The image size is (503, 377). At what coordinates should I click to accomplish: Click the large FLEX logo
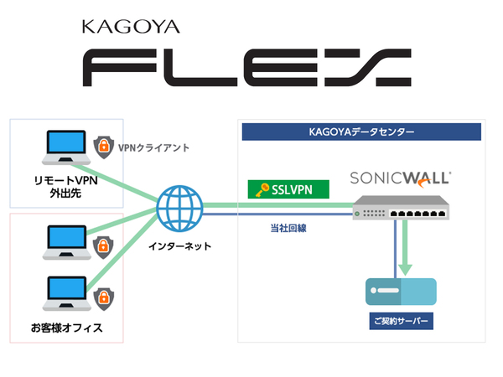pyautogui.click(x=249, y=70)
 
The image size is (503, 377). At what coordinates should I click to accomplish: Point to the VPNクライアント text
pyautogui.click(x=153, y=147)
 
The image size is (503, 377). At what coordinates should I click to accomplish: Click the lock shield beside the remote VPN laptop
pyautogui.click(x=103, y=147)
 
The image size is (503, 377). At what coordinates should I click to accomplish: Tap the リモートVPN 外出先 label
pyautogui.click(x=59, y=185)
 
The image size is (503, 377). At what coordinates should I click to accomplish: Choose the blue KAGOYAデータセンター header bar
pyautogui.click(x=360, y=132)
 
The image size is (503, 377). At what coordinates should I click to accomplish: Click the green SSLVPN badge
pyautogui.click(x=288, y=190)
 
